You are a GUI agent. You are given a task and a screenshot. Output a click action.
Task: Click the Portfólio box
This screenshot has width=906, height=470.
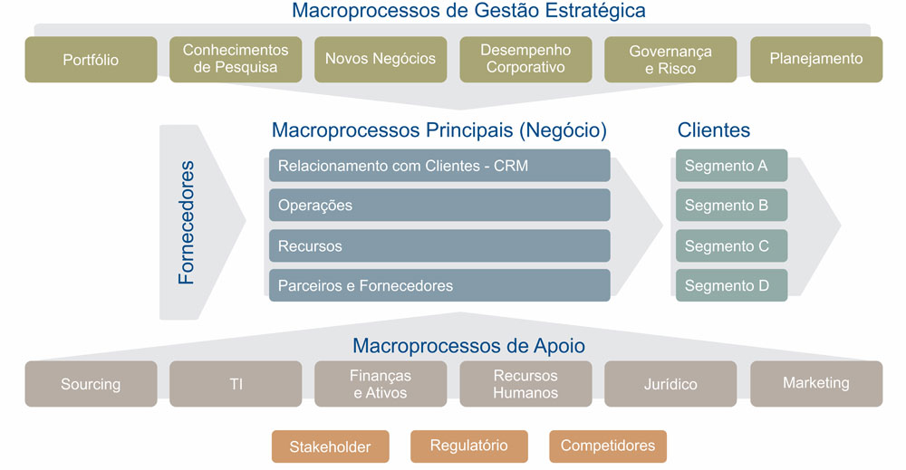[x=91, y=60]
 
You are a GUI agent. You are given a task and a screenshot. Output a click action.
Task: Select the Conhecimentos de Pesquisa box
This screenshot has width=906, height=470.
[x=236, y=60]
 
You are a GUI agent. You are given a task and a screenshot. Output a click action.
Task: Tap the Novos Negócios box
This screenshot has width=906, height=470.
[x=381, y=60]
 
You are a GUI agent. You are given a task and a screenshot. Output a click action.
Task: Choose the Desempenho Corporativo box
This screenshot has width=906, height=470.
[x=525, y=60]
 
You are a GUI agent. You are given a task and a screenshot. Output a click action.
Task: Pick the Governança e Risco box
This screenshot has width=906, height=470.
[x=670, y=60]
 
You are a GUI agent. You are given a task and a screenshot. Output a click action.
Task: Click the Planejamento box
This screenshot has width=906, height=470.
[x=816, y=60]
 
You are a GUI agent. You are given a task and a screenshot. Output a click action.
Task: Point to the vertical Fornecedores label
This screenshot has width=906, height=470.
[x=187, y=223]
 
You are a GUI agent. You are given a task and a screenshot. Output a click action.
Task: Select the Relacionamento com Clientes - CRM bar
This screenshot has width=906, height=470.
[x=439, y=166]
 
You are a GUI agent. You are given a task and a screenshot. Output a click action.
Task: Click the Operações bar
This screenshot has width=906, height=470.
[x=439, y=206]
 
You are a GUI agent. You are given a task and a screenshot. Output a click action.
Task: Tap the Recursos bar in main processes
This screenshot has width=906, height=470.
[x=439, y=245]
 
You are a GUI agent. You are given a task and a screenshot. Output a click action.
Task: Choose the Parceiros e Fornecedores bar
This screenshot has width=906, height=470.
[x=439, y=285]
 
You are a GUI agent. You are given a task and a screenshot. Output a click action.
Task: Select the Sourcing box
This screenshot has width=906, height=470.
[x=91, y=384]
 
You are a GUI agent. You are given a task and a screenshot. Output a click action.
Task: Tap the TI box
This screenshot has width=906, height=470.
[x=236, y=384]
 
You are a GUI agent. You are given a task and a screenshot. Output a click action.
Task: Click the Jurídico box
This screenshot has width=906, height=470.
[x=670, y=384]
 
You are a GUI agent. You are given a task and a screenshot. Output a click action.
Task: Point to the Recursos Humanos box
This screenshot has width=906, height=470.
[x=525, y=384]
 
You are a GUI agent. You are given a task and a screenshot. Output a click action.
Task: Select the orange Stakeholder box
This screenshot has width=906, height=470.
[x=330, y=446]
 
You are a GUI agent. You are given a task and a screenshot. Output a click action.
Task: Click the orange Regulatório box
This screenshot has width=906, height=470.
[x=468, y=446]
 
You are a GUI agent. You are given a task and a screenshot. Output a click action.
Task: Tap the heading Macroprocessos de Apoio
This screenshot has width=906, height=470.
[x=468, y=345]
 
